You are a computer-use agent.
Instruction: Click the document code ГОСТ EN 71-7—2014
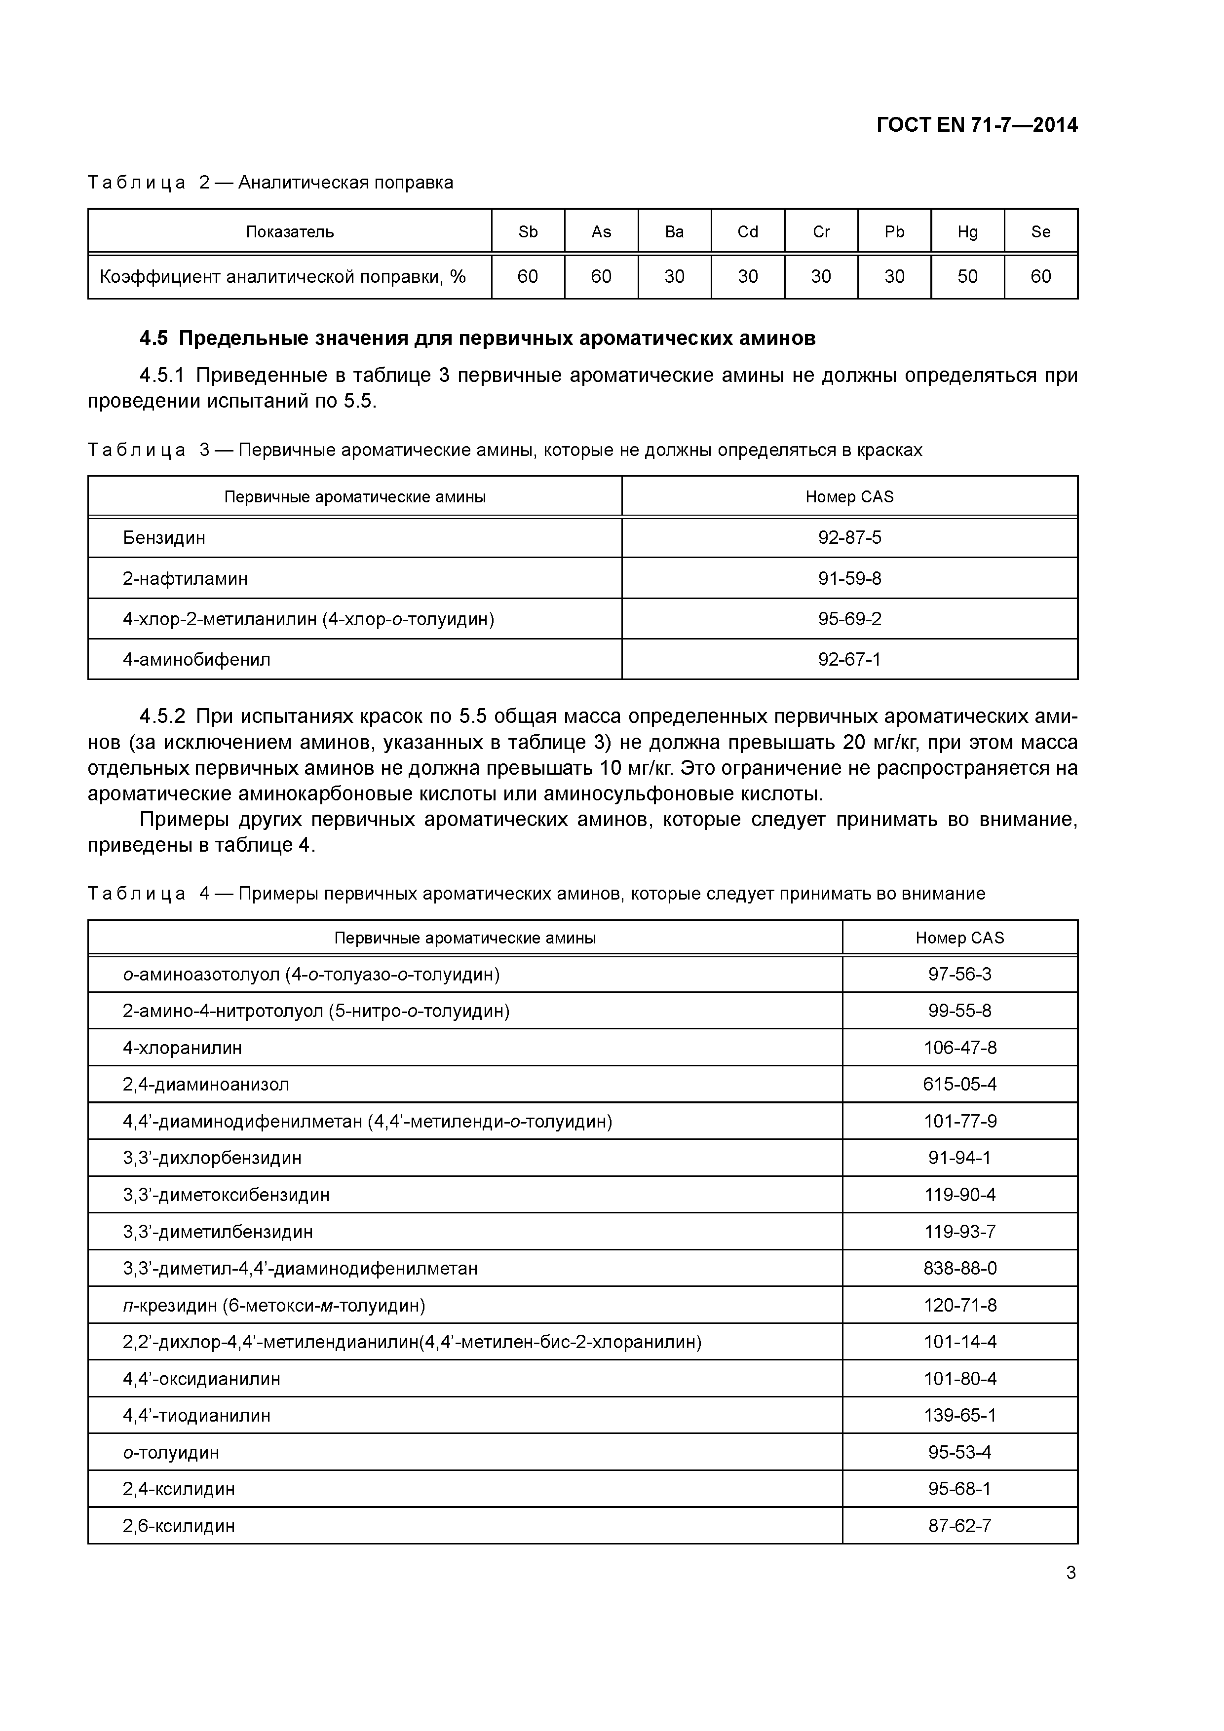(x=977, y=125)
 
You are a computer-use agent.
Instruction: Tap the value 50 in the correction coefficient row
(x=967, y=277)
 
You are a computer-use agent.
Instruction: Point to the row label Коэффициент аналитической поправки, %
(x=283, y=277)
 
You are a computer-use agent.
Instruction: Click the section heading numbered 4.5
(x=477, y=339)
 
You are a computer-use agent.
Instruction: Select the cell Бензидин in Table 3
(x=164, y=537)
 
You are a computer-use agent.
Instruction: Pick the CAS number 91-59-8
(x=849, y=578)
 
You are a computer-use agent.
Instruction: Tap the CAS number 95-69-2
(x=849, y=619)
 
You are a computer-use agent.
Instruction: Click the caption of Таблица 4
(x=535, y=894)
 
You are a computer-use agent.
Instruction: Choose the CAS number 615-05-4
(x=959, y=1084)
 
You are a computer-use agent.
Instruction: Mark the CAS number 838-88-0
(x=959, y=1268)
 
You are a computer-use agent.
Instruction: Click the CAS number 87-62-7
(x=959, y=1526)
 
